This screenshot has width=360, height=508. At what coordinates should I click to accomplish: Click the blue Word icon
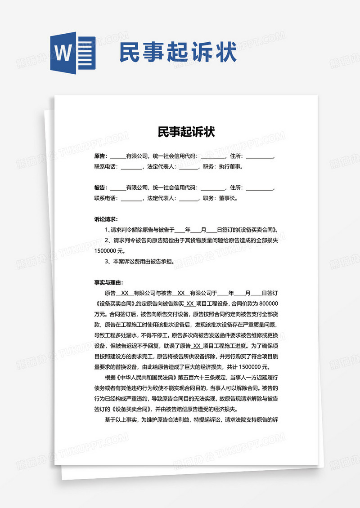point(72,53)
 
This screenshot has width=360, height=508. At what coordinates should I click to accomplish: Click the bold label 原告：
point(100,156)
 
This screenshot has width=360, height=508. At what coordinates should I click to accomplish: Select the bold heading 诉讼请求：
point(106,219)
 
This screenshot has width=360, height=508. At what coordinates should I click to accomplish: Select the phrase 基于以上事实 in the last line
point(120,419)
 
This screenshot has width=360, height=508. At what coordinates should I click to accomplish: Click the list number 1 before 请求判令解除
point(105,230)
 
